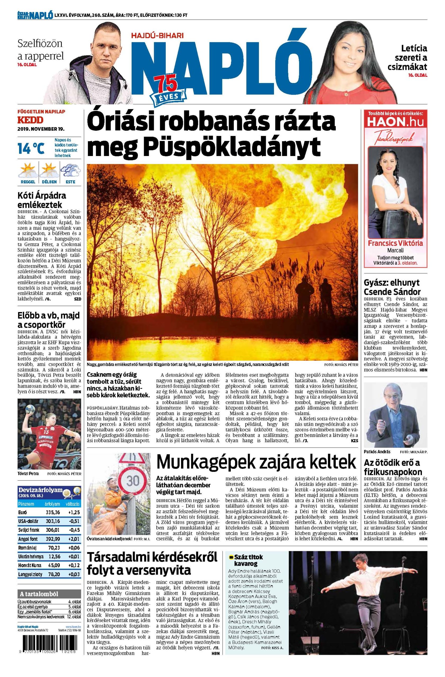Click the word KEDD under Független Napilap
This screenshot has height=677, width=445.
pos(30,120)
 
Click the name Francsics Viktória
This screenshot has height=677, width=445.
pos(395,243)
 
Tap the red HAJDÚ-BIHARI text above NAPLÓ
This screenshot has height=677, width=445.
pos(157,35)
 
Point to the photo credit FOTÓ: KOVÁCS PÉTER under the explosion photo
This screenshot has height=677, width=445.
pos(341,365)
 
